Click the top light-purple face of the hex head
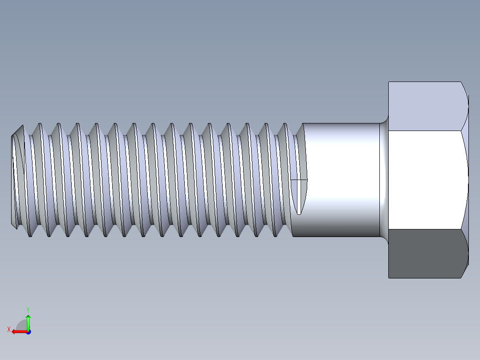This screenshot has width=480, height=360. (x=425, y=106)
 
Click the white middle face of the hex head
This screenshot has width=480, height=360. (x=425, y=180)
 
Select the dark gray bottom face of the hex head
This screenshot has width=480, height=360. (x=425, y=254)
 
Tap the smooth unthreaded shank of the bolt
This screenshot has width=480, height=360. (x=343, y=180)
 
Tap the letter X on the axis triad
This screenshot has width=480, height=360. (x=8, y=329)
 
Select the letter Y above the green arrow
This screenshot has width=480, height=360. (x=28, y=309)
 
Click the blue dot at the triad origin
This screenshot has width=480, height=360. (x=28, y=332)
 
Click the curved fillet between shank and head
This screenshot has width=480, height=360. (x=383, y=180)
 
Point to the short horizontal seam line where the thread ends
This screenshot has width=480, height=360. (x=299, y=180)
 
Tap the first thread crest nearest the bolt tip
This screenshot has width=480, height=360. (x=21, y=127)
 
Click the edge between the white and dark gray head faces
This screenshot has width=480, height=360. (x=425, y=229)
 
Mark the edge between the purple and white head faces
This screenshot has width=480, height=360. (x=425, y=131)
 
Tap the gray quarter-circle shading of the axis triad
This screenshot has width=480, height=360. (x=21, y=325)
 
